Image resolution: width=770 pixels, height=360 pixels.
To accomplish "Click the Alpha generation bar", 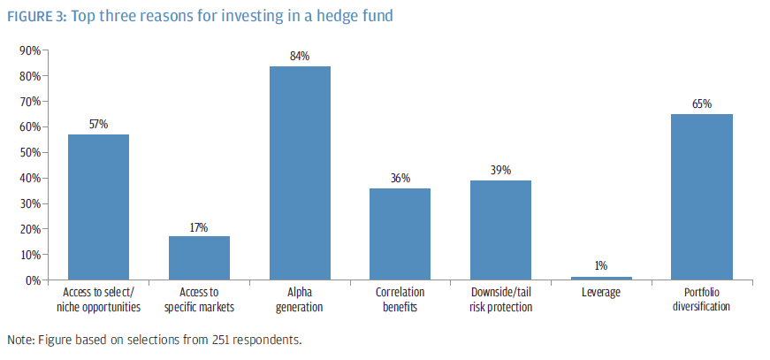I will [300, 173].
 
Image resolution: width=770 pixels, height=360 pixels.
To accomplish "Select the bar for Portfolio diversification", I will [701, 197].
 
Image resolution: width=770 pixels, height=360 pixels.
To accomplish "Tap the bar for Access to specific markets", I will [199, 257].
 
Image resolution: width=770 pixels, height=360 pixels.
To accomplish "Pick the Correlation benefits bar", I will [400, 234].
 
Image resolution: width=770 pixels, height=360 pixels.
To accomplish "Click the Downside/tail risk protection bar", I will [500, 230].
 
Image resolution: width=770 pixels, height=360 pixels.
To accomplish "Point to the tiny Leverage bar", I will [601, 278].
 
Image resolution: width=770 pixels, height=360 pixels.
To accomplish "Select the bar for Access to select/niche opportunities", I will [98, 207].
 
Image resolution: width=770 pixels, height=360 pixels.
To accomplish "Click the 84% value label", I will [300, 57].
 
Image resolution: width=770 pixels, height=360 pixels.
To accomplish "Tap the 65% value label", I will [702, 104].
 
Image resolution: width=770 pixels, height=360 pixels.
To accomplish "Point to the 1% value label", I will [601, 266].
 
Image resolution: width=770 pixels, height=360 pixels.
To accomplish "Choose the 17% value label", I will [199, 227].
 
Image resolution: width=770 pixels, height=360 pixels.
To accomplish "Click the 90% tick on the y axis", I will [30, 50].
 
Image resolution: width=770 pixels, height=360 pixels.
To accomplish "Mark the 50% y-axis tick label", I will [30, 152].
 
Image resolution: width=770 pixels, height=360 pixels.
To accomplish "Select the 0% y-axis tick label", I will [33, 280].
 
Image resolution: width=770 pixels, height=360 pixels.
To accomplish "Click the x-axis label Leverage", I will [601, 292].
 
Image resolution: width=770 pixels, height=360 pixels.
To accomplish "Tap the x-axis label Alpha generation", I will [300, 300].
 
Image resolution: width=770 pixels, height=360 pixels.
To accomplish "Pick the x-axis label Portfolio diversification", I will [701, 300].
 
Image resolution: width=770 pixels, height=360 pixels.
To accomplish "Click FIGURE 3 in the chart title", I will [34, 15].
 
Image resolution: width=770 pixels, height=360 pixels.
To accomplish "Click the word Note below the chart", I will [19, 340].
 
